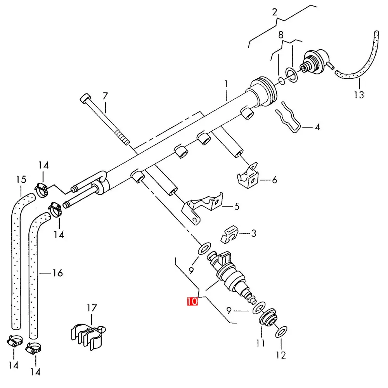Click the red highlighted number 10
192,301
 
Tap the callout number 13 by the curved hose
359,95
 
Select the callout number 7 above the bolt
106,96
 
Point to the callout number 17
92,308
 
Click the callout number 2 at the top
275,12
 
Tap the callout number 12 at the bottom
281,355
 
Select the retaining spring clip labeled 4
288,118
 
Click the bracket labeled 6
248,176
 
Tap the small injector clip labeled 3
229,234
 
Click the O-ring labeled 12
281,332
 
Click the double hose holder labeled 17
88,336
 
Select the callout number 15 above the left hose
21,179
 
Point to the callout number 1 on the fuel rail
226,84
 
